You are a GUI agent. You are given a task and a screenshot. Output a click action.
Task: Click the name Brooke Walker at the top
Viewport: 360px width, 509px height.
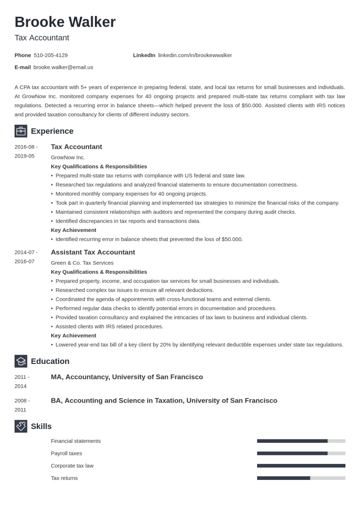coord(65,22)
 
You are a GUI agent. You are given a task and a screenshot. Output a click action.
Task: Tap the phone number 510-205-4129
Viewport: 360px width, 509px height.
coord(50,55)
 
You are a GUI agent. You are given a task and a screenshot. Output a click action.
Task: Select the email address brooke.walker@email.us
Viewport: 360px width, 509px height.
coord(63,67)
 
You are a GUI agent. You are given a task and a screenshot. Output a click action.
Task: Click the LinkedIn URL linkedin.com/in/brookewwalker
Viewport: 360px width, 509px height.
coord(195,55)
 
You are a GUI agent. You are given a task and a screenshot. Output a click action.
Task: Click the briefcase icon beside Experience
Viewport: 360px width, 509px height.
coord(21,131)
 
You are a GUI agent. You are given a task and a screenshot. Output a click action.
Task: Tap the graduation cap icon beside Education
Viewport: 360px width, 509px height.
coord(21,361)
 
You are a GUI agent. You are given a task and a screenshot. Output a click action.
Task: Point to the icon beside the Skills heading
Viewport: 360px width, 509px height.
coord(21,426)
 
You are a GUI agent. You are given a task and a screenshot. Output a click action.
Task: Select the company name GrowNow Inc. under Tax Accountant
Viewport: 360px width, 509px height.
coord(68,157)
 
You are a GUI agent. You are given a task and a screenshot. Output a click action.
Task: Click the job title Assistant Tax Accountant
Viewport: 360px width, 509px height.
coord(93,252)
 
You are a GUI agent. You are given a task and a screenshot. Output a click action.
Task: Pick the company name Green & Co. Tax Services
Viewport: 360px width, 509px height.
coord(82,263)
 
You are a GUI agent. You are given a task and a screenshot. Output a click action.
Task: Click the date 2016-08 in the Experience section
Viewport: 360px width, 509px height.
coord(26,147)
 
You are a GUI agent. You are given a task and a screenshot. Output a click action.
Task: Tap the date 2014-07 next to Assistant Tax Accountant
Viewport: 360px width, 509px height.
coord(26,252)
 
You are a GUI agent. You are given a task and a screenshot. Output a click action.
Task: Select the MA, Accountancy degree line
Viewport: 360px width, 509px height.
coord(127,377)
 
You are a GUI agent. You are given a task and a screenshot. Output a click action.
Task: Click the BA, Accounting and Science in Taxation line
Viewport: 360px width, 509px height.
coord(164,401)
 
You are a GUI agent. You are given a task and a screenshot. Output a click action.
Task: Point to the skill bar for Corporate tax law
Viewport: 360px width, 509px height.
coord(301,466)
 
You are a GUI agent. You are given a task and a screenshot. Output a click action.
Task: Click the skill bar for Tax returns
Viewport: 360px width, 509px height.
coord(301,478)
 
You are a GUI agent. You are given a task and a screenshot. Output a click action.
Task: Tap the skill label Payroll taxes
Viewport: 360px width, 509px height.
coord(66,454)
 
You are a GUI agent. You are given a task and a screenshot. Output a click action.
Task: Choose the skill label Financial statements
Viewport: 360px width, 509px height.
coord(76,441)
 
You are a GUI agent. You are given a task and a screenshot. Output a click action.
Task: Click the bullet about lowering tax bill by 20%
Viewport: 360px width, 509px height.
coord(199,345)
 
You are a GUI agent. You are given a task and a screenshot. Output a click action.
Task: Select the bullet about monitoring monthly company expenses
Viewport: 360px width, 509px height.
coord(131,194)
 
